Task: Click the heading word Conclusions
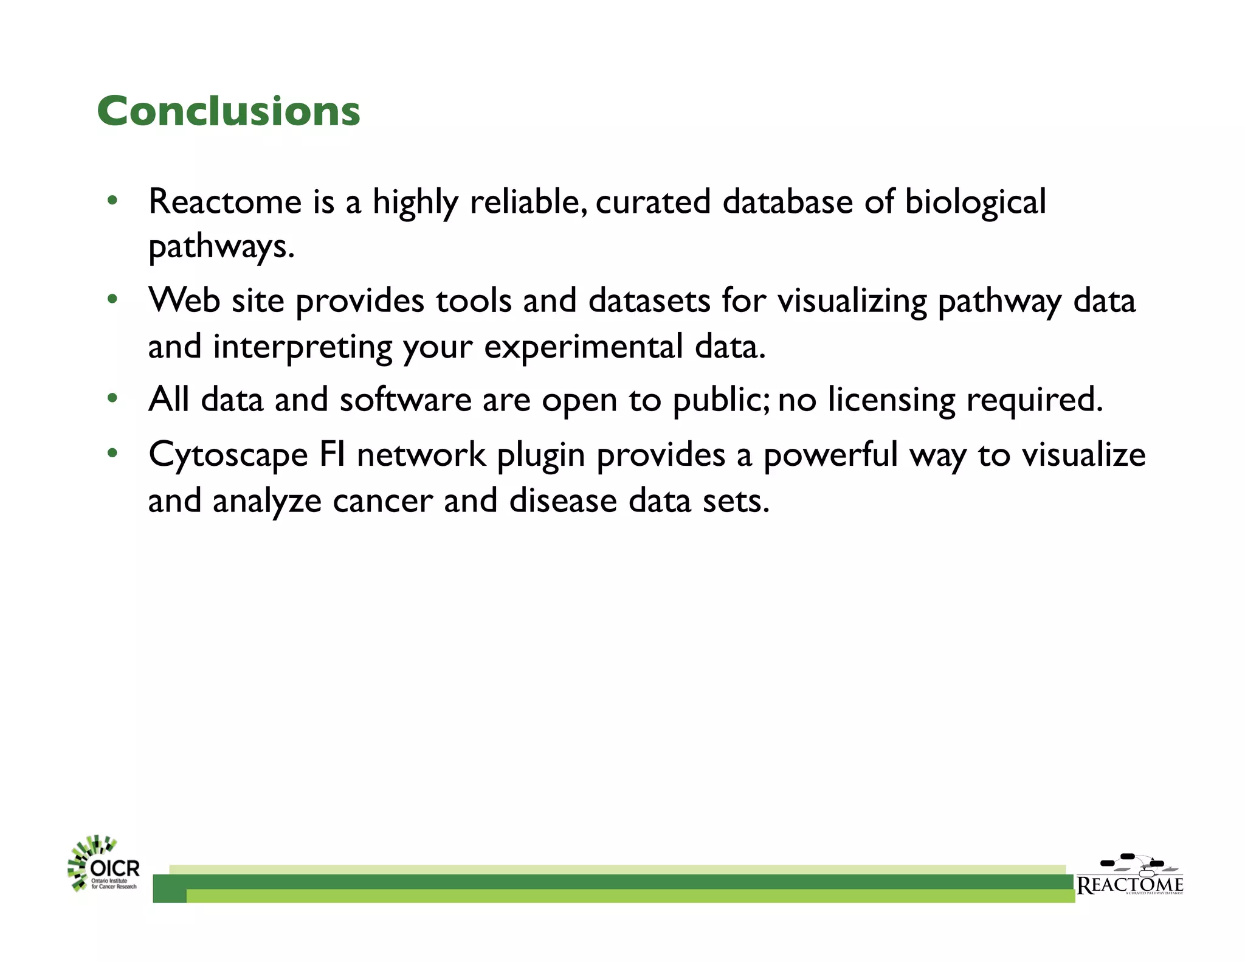pos(229,112)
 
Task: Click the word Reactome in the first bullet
pos(225,202)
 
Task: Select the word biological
pos(975,203)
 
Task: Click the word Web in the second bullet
pos(184,300)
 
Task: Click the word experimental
pos(584,347)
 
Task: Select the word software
pos(405,400)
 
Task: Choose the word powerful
pos(830,455)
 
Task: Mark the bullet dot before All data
pos(112,399)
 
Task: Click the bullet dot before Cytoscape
pos(112,453)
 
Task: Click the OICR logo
pos(103,864)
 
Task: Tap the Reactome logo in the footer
pos(1129,876)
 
